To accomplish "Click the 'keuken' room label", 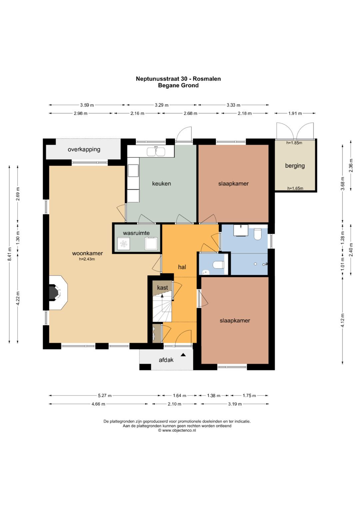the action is click(x=161, y=183).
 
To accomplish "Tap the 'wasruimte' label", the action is click(x=136, y=233).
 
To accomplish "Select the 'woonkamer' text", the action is click(x=87, y=253).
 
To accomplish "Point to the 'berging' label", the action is click(x=295, y=166).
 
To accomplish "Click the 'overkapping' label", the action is click(x=84, y=150).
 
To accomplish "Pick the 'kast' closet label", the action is click(x=163, y=287).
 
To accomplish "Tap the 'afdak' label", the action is click(x=166, y=360).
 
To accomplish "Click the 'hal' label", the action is click(x=182, y=267).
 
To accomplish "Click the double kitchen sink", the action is click(x=156, y=152).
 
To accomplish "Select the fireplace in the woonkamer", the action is click(x=58, y=292).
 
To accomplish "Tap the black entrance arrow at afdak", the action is click(x=183, y=355).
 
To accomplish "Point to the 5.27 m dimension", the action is click(x=105, y=396).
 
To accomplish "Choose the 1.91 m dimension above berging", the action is click(x=295, y=113).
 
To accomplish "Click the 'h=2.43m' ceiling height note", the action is click(x=87, y=259).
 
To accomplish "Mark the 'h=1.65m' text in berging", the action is click(x=295, y=188).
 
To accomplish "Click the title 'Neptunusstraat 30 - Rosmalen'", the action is click(x=178, y=79).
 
